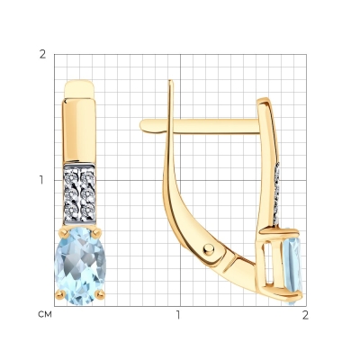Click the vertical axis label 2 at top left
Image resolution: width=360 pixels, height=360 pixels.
coord(43,54)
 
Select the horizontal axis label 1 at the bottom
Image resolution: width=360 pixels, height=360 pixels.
coord(179,315)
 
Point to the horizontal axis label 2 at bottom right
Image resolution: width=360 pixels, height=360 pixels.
coord(305,315)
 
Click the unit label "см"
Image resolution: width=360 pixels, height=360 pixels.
coord(45,314)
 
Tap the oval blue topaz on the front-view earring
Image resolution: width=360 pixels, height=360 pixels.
coord(80,265)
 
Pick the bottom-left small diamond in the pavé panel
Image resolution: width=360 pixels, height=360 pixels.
coord(71,210)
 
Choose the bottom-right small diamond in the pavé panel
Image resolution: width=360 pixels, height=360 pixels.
coord(87,210)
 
